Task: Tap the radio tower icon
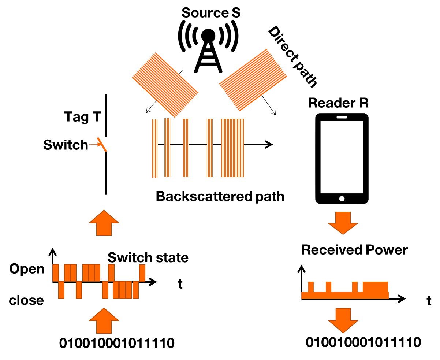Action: (208, 51)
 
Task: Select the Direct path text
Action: (292, 57)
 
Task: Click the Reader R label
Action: (338, 103)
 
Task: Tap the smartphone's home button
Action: (342, 198)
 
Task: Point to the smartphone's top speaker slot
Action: (342, 117)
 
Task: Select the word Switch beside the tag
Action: (65, 145)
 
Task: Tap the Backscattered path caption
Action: (220, 197)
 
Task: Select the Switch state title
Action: (148, 257)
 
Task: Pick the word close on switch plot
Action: (26, 300)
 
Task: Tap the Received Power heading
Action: (354, 250)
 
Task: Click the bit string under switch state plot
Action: (116, 344)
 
